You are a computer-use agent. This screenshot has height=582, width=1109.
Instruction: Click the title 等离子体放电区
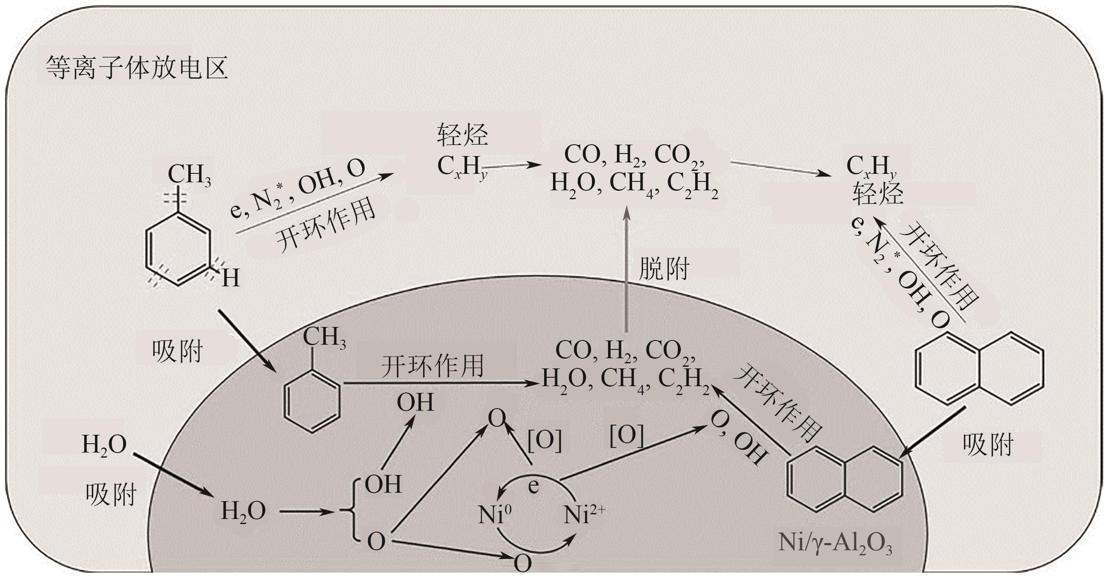[x=137, y=68]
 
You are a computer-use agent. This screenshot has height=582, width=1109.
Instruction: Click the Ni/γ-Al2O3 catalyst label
[x=835, y=543]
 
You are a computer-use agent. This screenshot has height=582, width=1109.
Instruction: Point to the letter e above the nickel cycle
[x=534, y=486]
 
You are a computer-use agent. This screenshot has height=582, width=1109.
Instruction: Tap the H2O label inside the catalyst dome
[x=243, y=511]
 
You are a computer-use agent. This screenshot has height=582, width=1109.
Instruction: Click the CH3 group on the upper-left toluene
[x=189, y=174]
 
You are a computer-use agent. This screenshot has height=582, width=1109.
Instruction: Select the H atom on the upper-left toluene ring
[x=230, y=278]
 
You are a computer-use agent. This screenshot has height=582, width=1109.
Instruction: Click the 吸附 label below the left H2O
[x=111, y=494]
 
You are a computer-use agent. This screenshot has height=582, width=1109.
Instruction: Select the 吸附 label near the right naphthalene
[x=988, y=444]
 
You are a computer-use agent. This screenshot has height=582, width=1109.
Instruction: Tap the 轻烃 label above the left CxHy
[x=462, y=135]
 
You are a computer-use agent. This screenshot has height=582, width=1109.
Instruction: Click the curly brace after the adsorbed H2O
[x=352, y=511]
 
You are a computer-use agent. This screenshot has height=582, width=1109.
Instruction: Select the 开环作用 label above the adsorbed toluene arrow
[x=432, y=366]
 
